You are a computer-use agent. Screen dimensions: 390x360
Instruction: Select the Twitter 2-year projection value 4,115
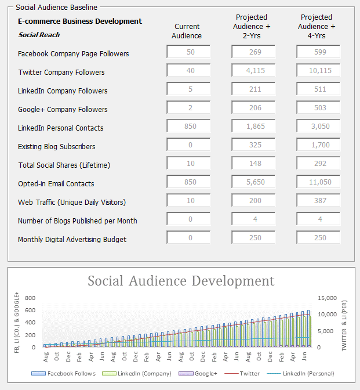point(253,70)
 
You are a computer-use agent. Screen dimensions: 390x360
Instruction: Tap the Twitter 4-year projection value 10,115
point(318,70)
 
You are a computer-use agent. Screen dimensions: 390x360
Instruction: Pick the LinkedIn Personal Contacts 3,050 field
point(318,126)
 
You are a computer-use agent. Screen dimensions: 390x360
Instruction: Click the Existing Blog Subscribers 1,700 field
point(318,145)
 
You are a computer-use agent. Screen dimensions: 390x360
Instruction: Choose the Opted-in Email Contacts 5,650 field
point(253,182)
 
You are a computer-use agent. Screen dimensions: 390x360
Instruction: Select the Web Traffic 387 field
point(318,200)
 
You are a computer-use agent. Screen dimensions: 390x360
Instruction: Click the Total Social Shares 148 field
point(253,163)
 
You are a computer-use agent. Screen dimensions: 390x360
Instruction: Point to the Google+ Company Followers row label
point(63,110)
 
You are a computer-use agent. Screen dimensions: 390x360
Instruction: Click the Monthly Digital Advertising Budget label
point(72,240)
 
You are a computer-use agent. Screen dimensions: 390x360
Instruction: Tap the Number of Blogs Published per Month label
point(77,221)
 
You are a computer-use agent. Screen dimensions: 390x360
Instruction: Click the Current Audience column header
point(187,31)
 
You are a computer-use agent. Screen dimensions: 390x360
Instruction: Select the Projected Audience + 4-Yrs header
point(317,26)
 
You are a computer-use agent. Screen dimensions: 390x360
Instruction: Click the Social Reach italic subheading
point(39,35)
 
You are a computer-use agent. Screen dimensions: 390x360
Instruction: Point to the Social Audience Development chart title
point(181,281)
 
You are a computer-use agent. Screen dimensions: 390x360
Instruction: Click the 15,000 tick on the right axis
point(325,298)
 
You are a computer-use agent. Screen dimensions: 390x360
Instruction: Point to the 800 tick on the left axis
point(30,298)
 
